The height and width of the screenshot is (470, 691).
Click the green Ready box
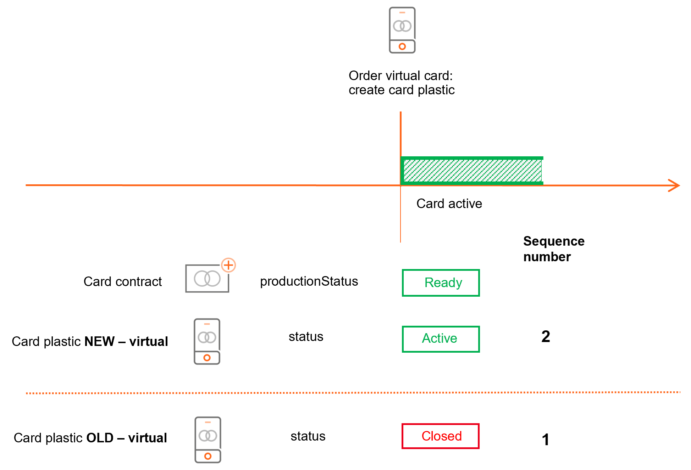(441, 283)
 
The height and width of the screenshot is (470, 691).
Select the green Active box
(441, 339)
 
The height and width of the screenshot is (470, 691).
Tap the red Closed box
(441, 436)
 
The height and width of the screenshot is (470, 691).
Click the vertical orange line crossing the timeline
(401, 135)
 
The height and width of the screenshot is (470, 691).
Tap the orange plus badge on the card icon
(228, 265)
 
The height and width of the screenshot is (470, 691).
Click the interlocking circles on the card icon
(207, 279)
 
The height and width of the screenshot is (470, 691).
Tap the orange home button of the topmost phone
(402, 46)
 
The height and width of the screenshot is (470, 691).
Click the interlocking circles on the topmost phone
(402, 26)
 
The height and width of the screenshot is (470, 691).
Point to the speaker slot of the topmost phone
(402, 13)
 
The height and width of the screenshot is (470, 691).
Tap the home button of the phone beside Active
(207, 358)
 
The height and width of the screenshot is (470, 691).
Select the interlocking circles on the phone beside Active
(207, 337)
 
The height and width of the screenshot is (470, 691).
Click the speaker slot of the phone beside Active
(207, 324)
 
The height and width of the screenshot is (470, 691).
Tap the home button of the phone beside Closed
(208, 456)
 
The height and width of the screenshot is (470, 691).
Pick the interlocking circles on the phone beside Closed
(208, 436)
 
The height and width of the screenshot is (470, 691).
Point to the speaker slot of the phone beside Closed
(208, 423)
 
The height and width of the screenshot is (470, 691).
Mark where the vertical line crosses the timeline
(401, 185)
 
